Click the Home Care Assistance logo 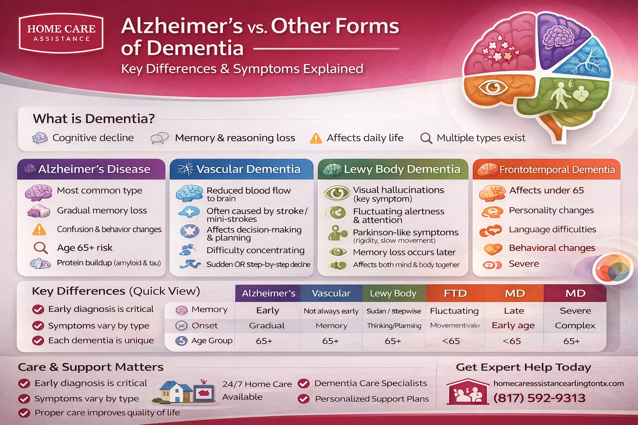[x=61, y=33]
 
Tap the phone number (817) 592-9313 [x=539, y=398]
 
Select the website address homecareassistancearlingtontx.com [x=558, y=383]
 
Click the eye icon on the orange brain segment [x=493, y=88]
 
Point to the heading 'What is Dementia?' [x=93, y=119]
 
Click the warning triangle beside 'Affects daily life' [x=316, y=138]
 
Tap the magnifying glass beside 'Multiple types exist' [x=426, y=138]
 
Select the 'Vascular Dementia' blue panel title [x=248, y=169]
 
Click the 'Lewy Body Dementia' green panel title [x=402, y=169]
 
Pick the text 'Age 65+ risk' [x=85, y=248]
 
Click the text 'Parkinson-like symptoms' [x=405, y=232]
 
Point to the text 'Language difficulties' [x=552, y=230]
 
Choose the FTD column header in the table [x=455, y=293]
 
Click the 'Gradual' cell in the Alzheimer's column [x=267, y=326]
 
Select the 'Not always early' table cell [x=331, y=311]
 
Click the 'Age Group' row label [x=211, y=341]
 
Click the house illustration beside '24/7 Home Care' [x=177, y=392]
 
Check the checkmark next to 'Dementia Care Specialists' [x=304, y=383]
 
